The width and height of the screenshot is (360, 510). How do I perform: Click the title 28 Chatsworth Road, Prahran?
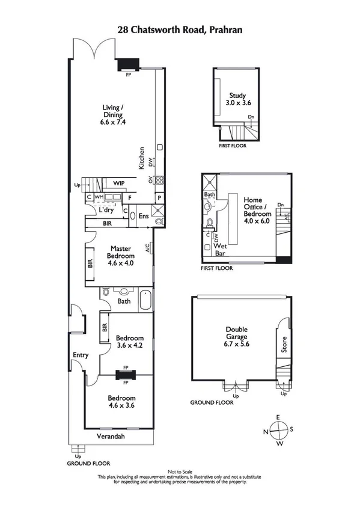tap(180, 28)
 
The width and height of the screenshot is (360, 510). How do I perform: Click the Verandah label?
tap(111, 437)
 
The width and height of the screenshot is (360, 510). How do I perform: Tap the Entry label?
tap(81, 355)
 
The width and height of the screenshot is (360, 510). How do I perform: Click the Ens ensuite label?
tap(144, 216)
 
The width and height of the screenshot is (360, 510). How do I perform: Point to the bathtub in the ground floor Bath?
tap(146, 300)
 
